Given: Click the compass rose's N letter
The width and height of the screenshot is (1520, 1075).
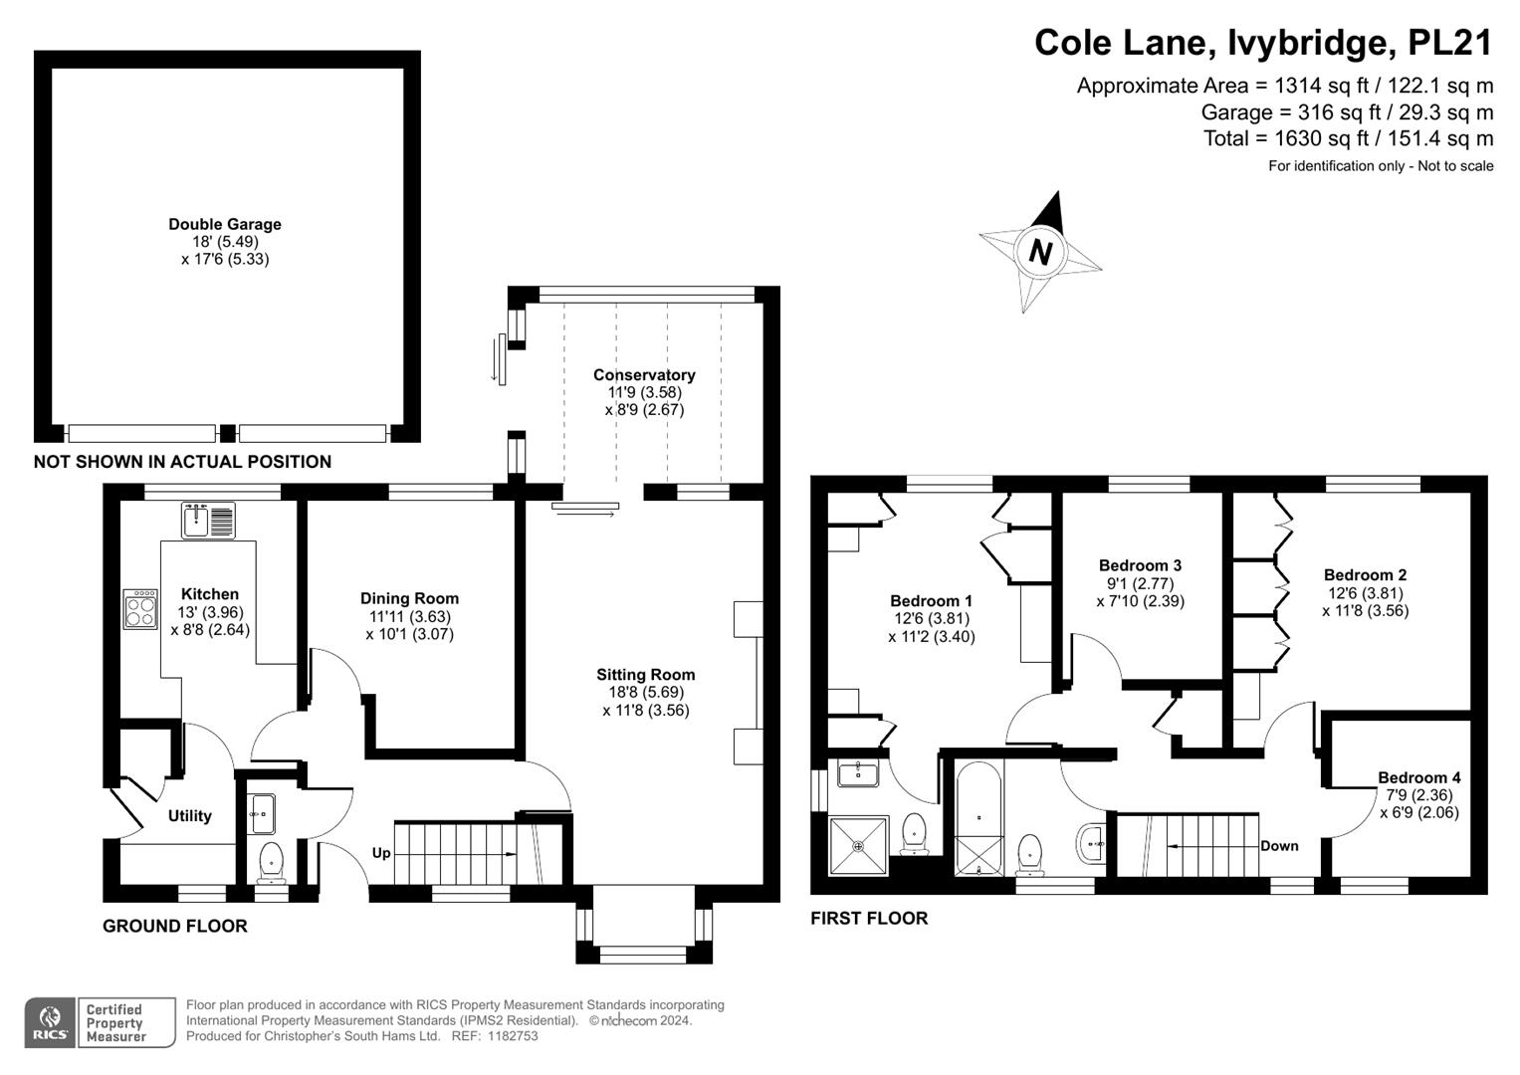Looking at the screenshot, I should point(1040,252).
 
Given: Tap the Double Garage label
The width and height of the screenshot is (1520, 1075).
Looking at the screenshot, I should point(225,224).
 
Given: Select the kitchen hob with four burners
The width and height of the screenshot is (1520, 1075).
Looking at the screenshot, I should point(140,609).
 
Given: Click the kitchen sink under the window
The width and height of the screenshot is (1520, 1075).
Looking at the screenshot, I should point(209,520).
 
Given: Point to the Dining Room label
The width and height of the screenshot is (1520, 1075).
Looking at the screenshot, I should point(409,598).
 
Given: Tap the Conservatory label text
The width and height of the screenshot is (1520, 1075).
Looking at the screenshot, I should point(644,374).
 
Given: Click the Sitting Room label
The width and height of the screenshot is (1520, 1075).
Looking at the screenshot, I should point(645,674).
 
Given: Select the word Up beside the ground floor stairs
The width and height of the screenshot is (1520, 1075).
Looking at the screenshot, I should point(381,853).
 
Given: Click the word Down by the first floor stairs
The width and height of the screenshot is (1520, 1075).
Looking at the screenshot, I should point(1279,845).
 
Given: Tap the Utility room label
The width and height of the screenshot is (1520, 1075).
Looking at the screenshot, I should point(189,815).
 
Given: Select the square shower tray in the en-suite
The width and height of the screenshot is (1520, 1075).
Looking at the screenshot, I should point(858,845).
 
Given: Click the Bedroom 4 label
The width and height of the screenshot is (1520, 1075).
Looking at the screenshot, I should point(1418,777).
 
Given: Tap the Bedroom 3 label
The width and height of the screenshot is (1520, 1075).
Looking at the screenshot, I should point(1140,565).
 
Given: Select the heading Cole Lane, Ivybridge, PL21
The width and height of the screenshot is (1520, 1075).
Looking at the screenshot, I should point(1263,43).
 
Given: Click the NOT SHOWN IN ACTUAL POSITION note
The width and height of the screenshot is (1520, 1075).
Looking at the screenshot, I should point(182,462).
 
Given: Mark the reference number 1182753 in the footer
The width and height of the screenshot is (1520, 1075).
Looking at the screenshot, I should point(509,1036).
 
